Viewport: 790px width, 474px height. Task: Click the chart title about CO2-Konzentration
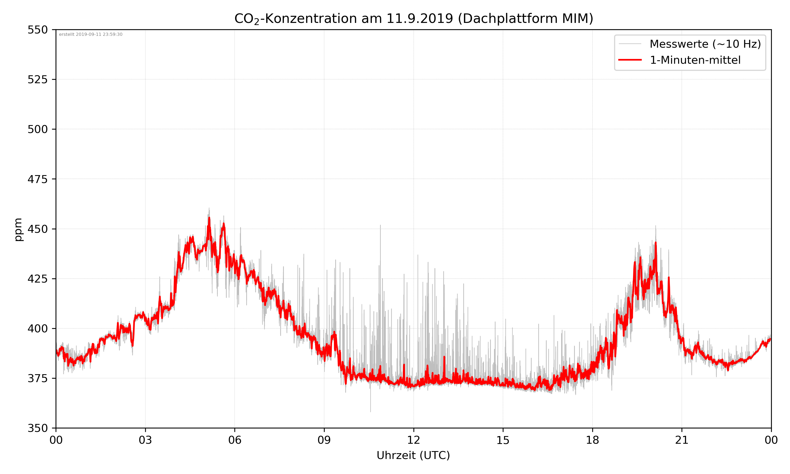tap(413, 18)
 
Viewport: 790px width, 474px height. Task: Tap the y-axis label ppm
tap(18, 229)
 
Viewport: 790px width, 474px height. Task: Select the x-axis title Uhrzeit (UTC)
tap(413, 455)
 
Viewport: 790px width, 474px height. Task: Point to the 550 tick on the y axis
tap(37, 30)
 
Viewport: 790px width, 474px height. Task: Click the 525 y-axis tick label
tap(37, 80)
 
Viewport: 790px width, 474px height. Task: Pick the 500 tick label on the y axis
tap(37, 129)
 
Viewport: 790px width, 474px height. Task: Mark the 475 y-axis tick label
tap(37, 179)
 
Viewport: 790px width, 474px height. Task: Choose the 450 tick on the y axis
tap(37, 229)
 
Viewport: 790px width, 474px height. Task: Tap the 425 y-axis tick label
tap(37, 279)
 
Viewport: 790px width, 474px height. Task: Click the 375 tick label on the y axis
tap(37, 378)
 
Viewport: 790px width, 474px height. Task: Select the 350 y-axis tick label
tap(37, 428)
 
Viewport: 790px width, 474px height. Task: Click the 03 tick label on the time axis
tap(145, 440)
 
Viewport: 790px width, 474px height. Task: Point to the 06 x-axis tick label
tap(235, 440)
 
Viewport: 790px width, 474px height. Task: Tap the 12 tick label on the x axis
tap(413, 440)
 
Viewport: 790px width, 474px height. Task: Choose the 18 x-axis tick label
tap(592, 440)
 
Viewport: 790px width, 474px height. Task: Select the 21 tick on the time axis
tap(682, 440)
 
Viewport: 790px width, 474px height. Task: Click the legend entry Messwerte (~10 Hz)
tap(705, 44)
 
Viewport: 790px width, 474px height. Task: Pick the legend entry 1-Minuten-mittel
tap(695, 60)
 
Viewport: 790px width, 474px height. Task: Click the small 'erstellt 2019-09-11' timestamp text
tap(91, 34)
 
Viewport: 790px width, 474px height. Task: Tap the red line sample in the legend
tap(630, 60)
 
